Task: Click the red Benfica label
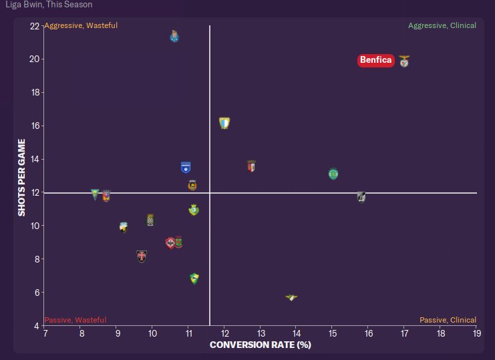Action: coord(375,60)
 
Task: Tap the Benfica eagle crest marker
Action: coord(404,61)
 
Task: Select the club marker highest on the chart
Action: coord(174,36)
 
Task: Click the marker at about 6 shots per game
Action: coord(291,297)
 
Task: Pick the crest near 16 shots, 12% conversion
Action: coord(224,123)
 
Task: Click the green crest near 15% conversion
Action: coord(333,174)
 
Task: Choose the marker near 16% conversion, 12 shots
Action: coord(361,196)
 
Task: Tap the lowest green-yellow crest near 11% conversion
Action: coord(194,278)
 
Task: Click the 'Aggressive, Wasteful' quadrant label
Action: coord(81,25)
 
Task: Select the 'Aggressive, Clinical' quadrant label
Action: coord(442,25)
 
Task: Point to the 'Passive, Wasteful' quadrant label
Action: coord(75,320)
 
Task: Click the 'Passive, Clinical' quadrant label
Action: coord(448,320)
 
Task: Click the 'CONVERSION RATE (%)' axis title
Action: coord(261,345)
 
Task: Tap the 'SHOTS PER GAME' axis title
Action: coord(22,177)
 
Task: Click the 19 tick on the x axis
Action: coord(476,333)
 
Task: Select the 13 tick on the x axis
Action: coord(260,333)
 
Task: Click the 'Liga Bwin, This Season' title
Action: coord(46,5)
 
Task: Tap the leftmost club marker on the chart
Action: coord(96,194)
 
